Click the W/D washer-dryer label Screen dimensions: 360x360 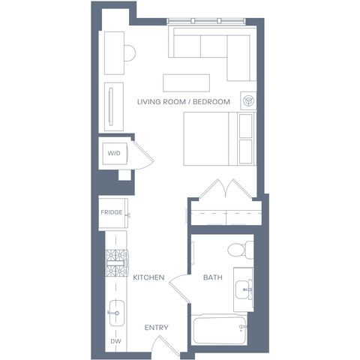(114, 153)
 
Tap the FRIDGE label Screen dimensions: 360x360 (112, 212)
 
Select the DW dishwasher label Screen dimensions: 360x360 (115, 341)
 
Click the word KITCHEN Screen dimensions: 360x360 (148, 277)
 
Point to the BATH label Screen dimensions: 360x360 (213, 277)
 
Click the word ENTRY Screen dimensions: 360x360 (157, 328)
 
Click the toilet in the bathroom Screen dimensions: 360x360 (241, 249)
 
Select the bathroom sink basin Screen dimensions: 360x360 (244, 289)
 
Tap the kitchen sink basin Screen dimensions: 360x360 (117, 313)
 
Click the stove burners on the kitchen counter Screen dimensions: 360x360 (117, 263)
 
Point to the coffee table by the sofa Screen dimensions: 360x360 (186, 83)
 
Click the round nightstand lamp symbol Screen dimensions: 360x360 (248, 100)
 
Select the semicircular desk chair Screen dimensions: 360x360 (130, 53)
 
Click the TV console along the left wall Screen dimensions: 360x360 (114, 106)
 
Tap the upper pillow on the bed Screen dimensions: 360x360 (246, 125)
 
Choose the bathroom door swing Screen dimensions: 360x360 (179, 288)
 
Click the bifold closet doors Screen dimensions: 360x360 (226, 189)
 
